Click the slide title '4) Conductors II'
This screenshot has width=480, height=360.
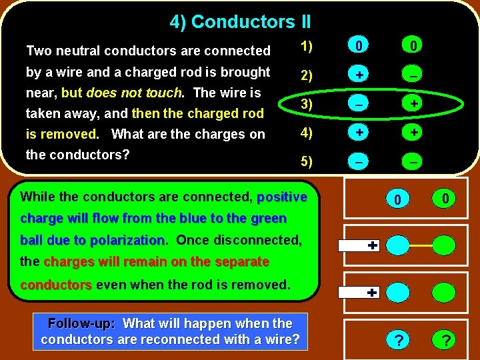click(x=240, y=22)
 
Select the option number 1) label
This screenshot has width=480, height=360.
click(x=307, y=47)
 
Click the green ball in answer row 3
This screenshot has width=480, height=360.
click(x=414, y=104)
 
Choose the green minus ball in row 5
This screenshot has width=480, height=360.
click(x=414, y=162)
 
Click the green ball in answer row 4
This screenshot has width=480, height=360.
click(x=414, y=133)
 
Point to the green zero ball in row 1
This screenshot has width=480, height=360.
click(x=414, y=46)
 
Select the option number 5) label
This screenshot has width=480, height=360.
click(x=307, y=162)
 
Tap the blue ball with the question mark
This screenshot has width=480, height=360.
click(x=397, y=340)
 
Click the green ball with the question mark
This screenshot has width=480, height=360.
click(x=443, y=340)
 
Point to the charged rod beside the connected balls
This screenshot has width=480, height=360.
click(x=359, y=246)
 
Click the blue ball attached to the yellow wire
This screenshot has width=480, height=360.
click(x=397, y=245)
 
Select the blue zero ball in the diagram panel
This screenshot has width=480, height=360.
click(x=397, y=199)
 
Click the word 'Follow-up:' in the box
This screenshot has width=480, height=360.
click(x=81, y=323)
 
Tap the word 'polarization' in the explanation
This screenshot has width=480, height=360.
click(x=127, y=240)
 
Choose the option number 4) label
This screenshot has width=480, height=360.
click(x=307, y=132)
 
